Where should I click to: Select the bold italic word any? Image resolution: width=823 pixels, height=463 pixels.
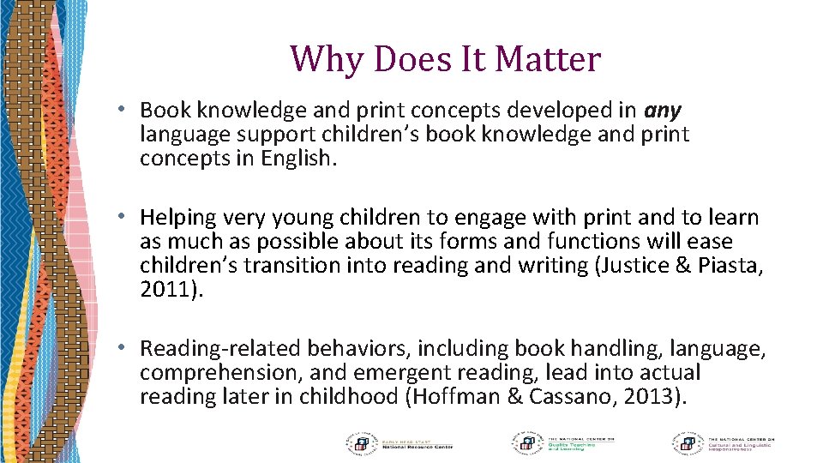[662, 110]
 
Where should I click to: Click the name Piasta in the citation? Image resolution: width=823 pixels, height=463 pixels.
[727, 265]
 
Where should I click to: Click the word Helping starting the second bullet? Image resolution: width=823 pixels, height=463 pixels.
[175, 218]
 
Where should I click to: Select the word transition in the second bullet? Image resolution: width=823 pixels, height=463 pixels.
[284, 265]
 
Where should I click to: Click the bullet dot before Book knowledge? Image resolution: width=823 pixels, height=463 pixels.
[123, 110]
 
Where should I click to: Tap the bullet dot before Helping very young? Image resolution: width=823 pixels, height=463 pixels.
[123, 218]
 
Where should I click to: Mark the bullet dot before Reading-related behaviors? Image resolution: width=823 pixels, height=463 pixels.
[123, 347]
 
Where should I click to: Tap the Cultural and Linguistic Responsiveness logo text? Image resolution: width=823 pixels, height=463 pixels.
[741, 444]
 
